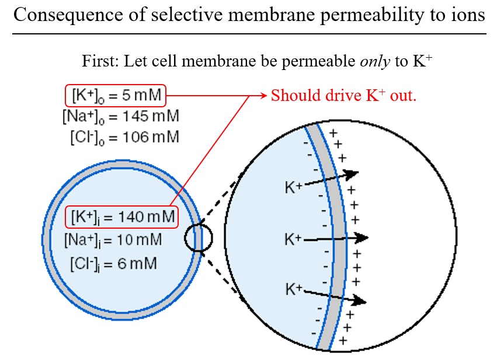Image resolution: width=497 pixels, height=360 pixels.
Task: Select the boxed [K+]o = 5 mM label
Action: tap(116, 95)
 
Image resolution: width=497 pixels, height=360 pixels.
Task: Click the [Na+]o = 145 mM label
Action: tap(120, 116)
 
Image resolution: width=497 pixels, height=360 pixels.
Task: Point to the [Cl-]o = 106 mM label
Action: tap(124, 137)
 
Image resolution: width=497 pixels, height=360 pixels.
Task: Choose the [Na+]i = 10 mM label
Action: tap(113, 239)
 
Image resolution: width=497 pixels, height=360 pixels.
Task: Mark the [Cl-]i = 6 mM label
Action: tap(113, 263)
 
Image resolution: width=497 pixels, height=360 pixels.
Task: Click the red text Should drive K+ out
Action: tap(343, 95)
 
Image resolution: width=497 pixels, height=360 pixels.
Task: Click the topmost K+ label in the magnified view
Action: tap(294, 187)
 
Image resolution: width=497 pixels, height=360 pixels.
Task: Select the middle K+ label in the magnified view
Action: tap(294, 239)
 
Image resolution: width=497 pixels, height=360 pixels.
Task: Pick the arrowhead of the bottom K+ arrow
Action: tap(360, 301)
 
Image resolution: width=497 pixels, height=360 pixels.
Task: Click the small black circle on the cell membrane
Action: tap(199, 238)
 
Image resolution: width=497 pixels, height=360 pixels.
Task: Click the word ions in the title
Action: tap(468, 15)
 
